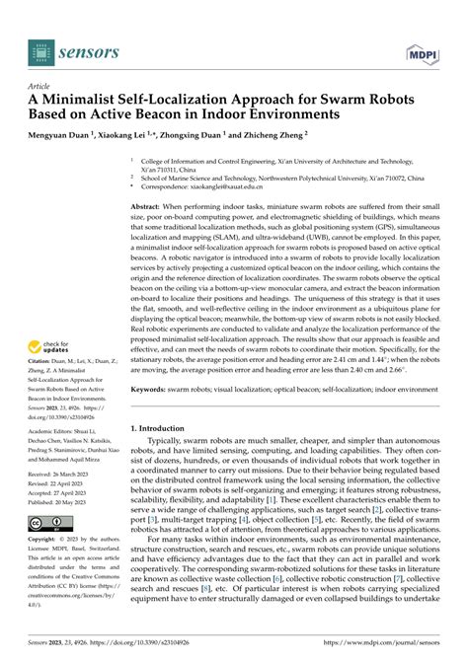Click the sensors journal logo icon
(x=39, y=45)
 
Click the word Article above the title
(x=39, y=86)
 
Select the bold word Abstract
(x=150, y=204)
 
